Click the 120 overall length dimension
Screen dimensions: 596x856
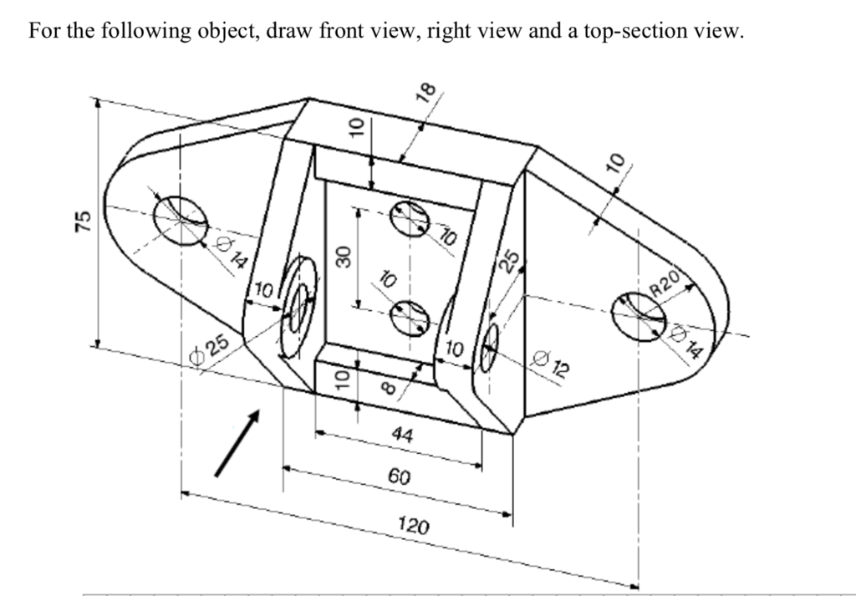click(x=414, y=526)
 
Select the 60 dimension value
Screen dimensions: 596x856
click(x=400, y=477)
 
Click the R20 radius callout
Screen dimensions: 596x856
click(x=667, y=285)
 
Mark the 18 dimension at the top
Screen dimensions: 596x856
click(x=427, y=92)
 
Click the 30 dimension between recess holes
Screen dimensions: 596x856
click(x=341, y=256)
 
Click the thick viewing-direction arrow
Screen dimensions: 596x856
click(x=237, y=443)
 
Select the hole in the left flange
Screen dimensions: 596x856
click(x=181, y=221)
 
